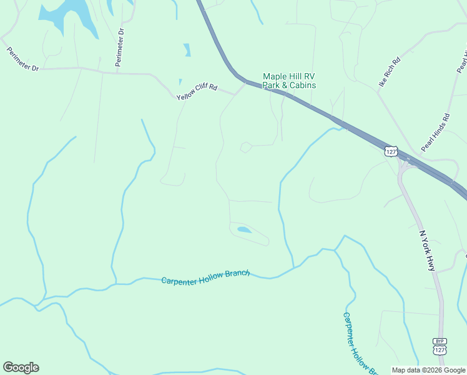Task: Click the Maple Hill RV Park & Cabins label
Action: click(289, 81)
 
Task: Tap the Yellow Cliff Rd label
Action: click(197, 92)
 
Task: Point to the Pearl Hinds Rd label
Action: click(435, 132)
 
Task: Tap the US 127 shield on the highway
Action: click(391, 151)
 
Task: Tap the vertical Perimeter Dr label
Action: click(120, 47)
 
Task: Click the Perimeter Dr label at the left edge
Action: click(22, 59)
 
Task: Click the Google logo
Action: click(21, 367)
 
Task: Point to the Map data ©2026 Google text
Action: click(428, 370)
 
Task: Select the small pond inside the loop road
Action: click(245, 230)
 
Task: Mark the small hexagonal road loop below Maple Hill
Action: click(246, 147)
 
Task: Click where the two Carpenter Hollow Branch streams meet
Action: click(335, 250)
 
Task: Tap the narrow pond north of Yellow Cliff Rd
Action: click(187, 50)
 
